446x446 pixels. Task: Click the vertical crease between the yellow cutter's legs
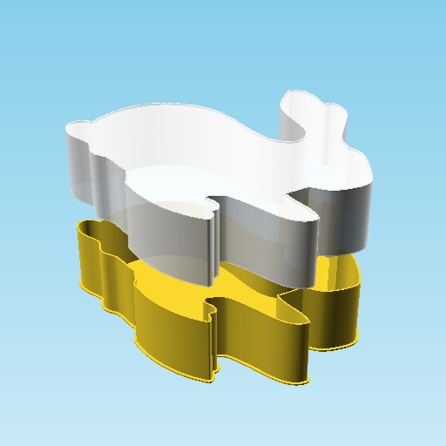point(213,340)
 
